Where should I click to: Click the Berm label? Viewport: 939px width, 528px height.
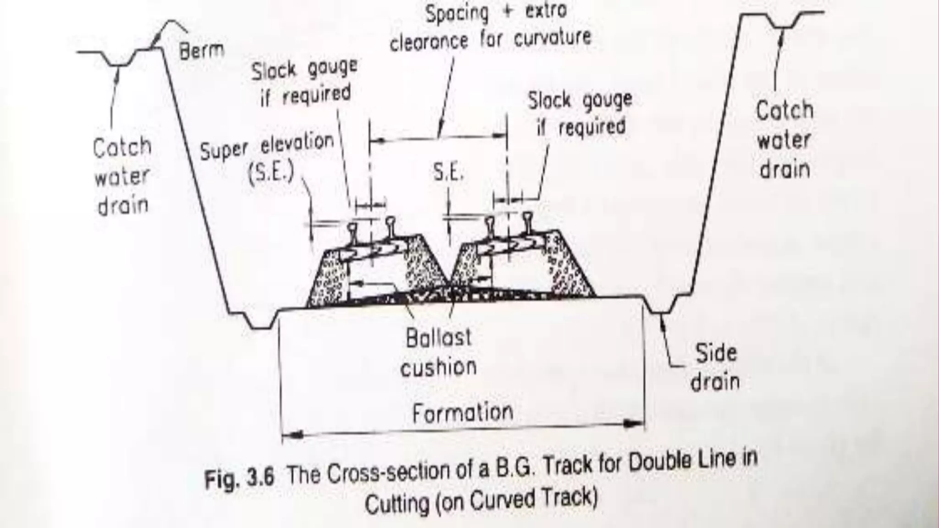[x=201, y=50]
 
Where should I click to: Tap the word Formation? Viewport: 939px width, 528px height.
[x=462, y=413]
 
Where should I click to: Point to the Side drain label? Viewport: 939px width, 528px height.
[x=715, y=367]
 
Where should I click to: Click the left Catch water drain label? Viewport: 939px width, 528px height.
[x=122, y=176]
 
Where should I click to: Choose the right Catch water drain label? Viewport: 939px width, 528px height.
[x=784, y=140]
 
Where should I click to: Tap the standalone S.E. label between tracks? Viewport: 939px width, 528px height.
[x=448, y=173]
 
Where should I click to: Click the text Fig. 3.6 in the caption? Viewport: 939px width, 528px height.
[x=239, y=478]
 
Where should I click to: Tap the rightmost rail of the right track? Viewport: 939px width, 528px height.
[x=528, y=223]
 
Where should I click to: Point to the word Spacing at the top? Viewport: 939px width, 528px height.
[x=457, y=13]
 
